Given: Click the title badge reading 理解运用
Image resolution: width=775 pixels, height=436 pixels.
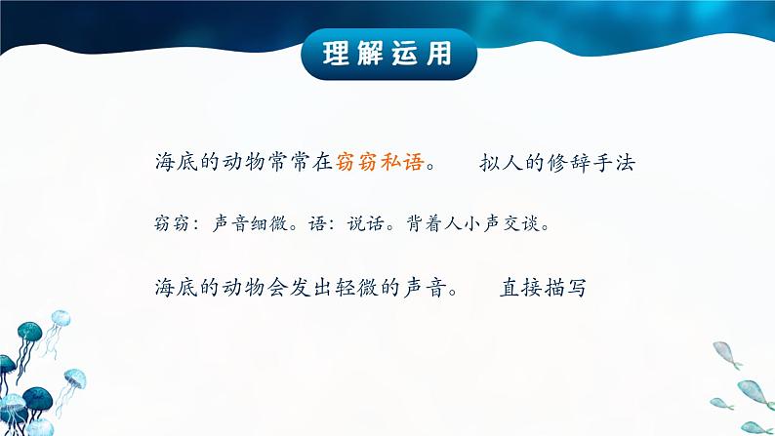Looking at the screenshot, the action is point(388,54).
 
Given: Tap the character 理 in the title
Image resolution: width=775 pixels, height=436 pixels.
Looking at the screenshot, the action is point(337,54).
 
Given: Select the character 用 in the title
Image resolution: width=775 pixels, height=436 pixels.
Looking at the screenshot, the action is point(439,54).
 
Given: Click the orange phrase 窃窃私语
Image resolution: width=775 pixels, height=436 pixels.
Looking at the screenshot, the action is point(380,162).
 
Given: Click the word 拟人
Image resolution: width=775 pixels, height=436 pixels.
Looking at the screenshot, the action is point(501,163).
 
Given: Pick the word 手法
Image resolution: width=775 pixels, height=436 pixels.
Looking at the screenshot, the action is point(613,163).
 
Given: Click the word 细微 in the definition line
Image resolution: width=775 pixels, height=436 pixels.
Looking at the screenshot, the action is point(269,223).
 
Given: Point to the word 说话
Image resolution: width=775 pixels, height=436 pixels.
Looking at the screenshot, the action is point(366,223).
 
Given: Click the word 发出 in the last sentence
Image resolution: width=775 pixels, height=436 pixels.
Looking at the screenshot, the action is point(311,288).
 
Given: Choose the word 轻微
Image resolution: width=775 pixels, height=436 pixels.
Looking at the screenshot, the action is point(356,288).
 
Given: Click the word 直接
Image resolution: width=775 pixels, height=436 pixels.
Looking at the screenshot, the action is point(521,288).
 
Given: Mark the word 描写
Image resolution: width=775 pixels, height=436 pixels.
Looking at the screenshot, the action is point(565,288).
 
